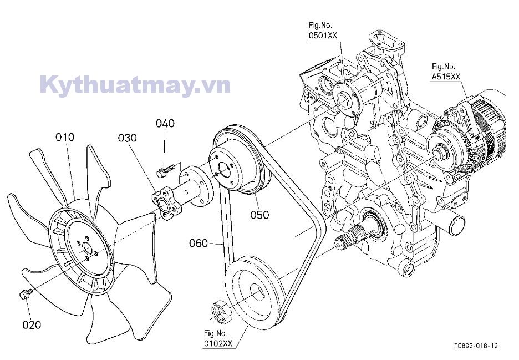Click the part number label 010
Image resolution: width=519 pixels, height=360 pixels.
(64, 137)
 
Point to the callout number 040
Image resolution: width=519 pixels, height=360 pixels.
(165, 123)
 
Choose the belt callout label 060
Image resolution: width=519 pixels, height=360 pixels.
(198, 243)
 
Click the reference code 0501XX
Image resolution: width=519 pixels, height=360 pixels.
(323, 36)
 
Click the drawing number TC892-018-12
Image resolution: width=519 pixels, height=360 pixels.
(475, 346)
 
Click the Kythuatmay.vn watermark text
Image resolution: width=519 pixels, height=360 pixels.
(135, 85)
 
